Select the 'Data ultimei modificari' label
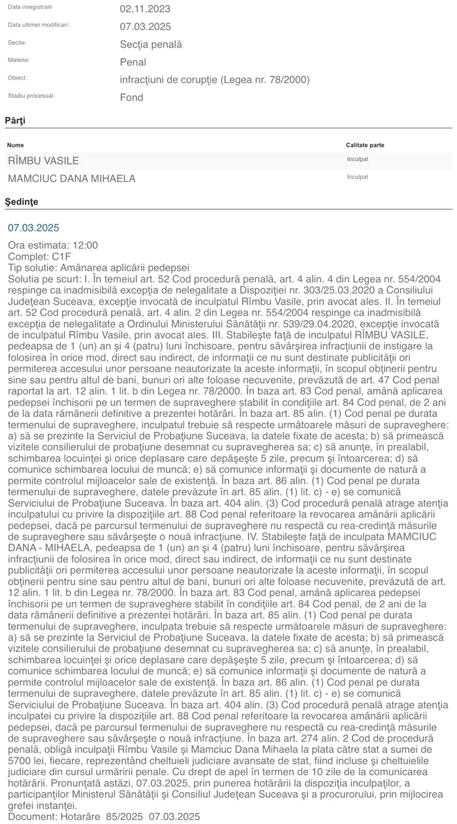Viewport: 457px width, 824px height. [39, 25]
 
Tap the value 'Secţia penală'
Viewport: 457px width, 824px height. [151, 44]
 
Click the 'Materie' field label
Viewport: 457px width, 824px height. [19, 60]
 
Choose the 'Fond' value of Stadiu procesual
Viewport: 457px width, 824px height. [131, 97]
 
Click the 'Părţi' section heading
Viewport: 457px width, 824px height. [16, 121]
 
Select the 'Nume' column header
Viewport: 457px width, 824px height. [16, 145]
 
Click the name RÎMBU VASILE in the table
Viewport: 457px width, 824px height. [43, 160]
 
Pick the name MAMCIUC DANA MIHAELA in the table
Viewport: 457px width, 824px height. [71, 178]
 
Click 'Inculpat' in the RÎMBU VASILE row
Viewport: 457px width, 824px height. [357, 159]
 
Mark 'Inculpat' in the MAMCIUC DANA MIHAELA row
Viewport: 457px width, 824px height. [357, 177]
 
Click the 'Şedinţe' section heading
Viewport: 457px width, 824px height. [22, 202]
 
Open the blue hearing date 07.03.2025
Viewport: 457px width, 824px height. [33, 228]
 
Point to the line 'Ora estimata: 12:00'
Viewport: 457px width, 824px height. [53, 245]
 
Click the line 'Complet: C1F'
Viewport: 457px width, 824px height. [39, 256]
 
